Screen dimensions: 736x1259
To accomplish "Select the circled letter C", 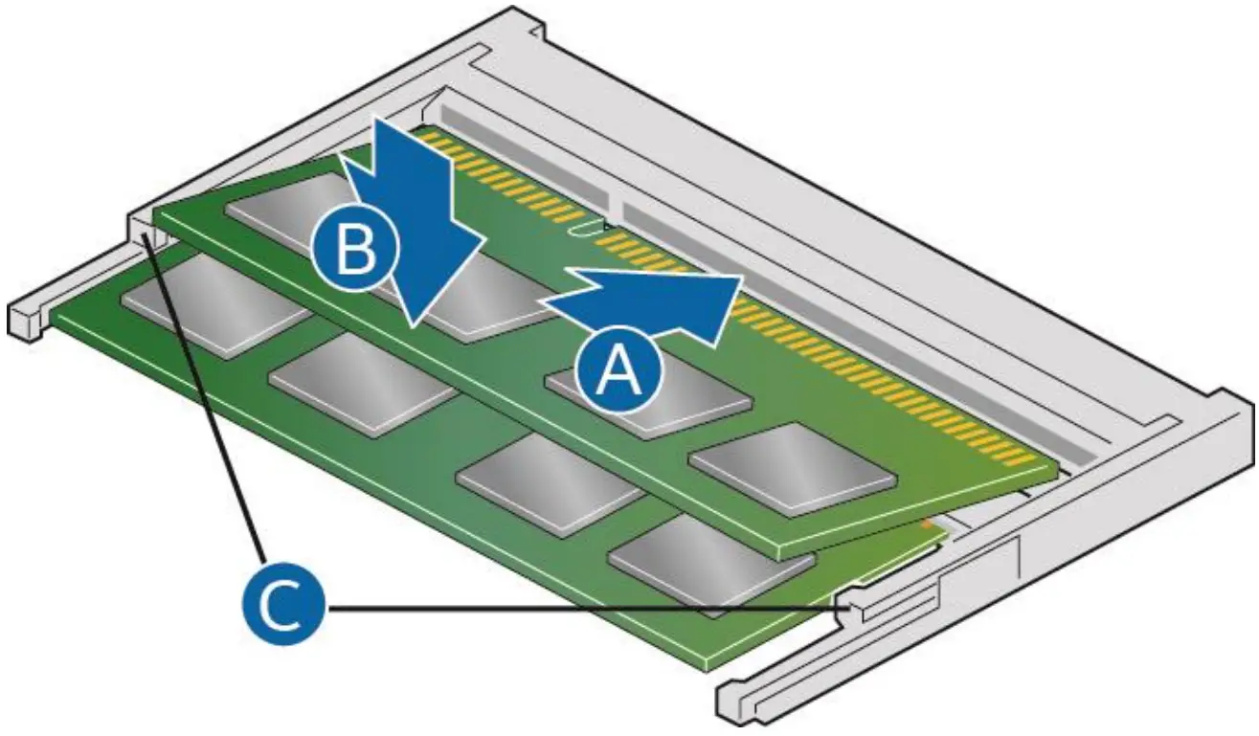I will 282,607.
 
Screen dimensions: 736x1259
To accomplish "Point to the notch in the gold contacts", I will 579,229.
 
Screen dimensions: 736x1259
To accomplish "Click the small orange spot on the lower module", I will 925,524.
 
